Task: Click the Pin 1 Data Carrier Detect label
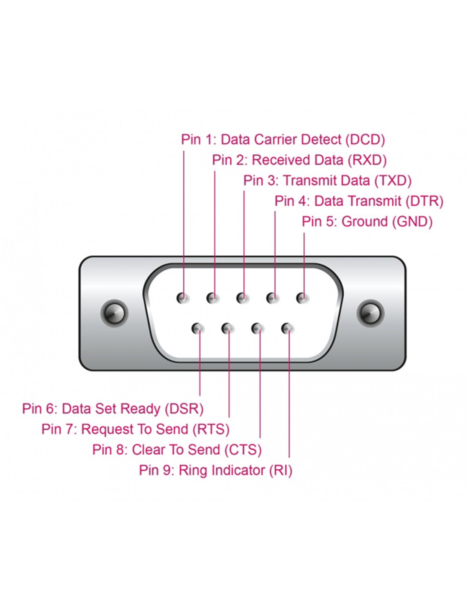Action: [x=283, y=140]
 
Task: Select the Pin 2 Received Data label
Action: [x=299, y=160]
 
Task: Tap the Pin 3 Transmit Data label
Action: [x=327, y=181]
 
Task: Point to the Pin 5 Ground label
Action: [x=367, y=222]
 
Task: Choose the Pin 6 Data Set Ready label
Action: [x=113, y=409]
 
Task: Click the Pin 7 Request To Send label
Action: [x=135, y=429]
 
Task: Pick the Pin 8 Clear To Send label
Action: [x=177, y=450]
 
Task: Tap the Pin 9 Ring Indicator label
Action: [x=215, y=471]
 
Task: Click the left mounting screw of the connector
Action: [x=114, y=313]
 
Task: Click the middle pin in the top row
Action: [x=243, y=298]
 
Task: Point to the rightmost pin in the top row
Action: [x=303, y=298]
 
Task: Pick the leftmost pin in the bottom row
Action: [x=198, y=329]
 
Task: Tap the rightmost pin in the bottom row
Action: [x=287, y=329]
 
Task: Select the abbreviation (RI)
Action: [x=280, y=471]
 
